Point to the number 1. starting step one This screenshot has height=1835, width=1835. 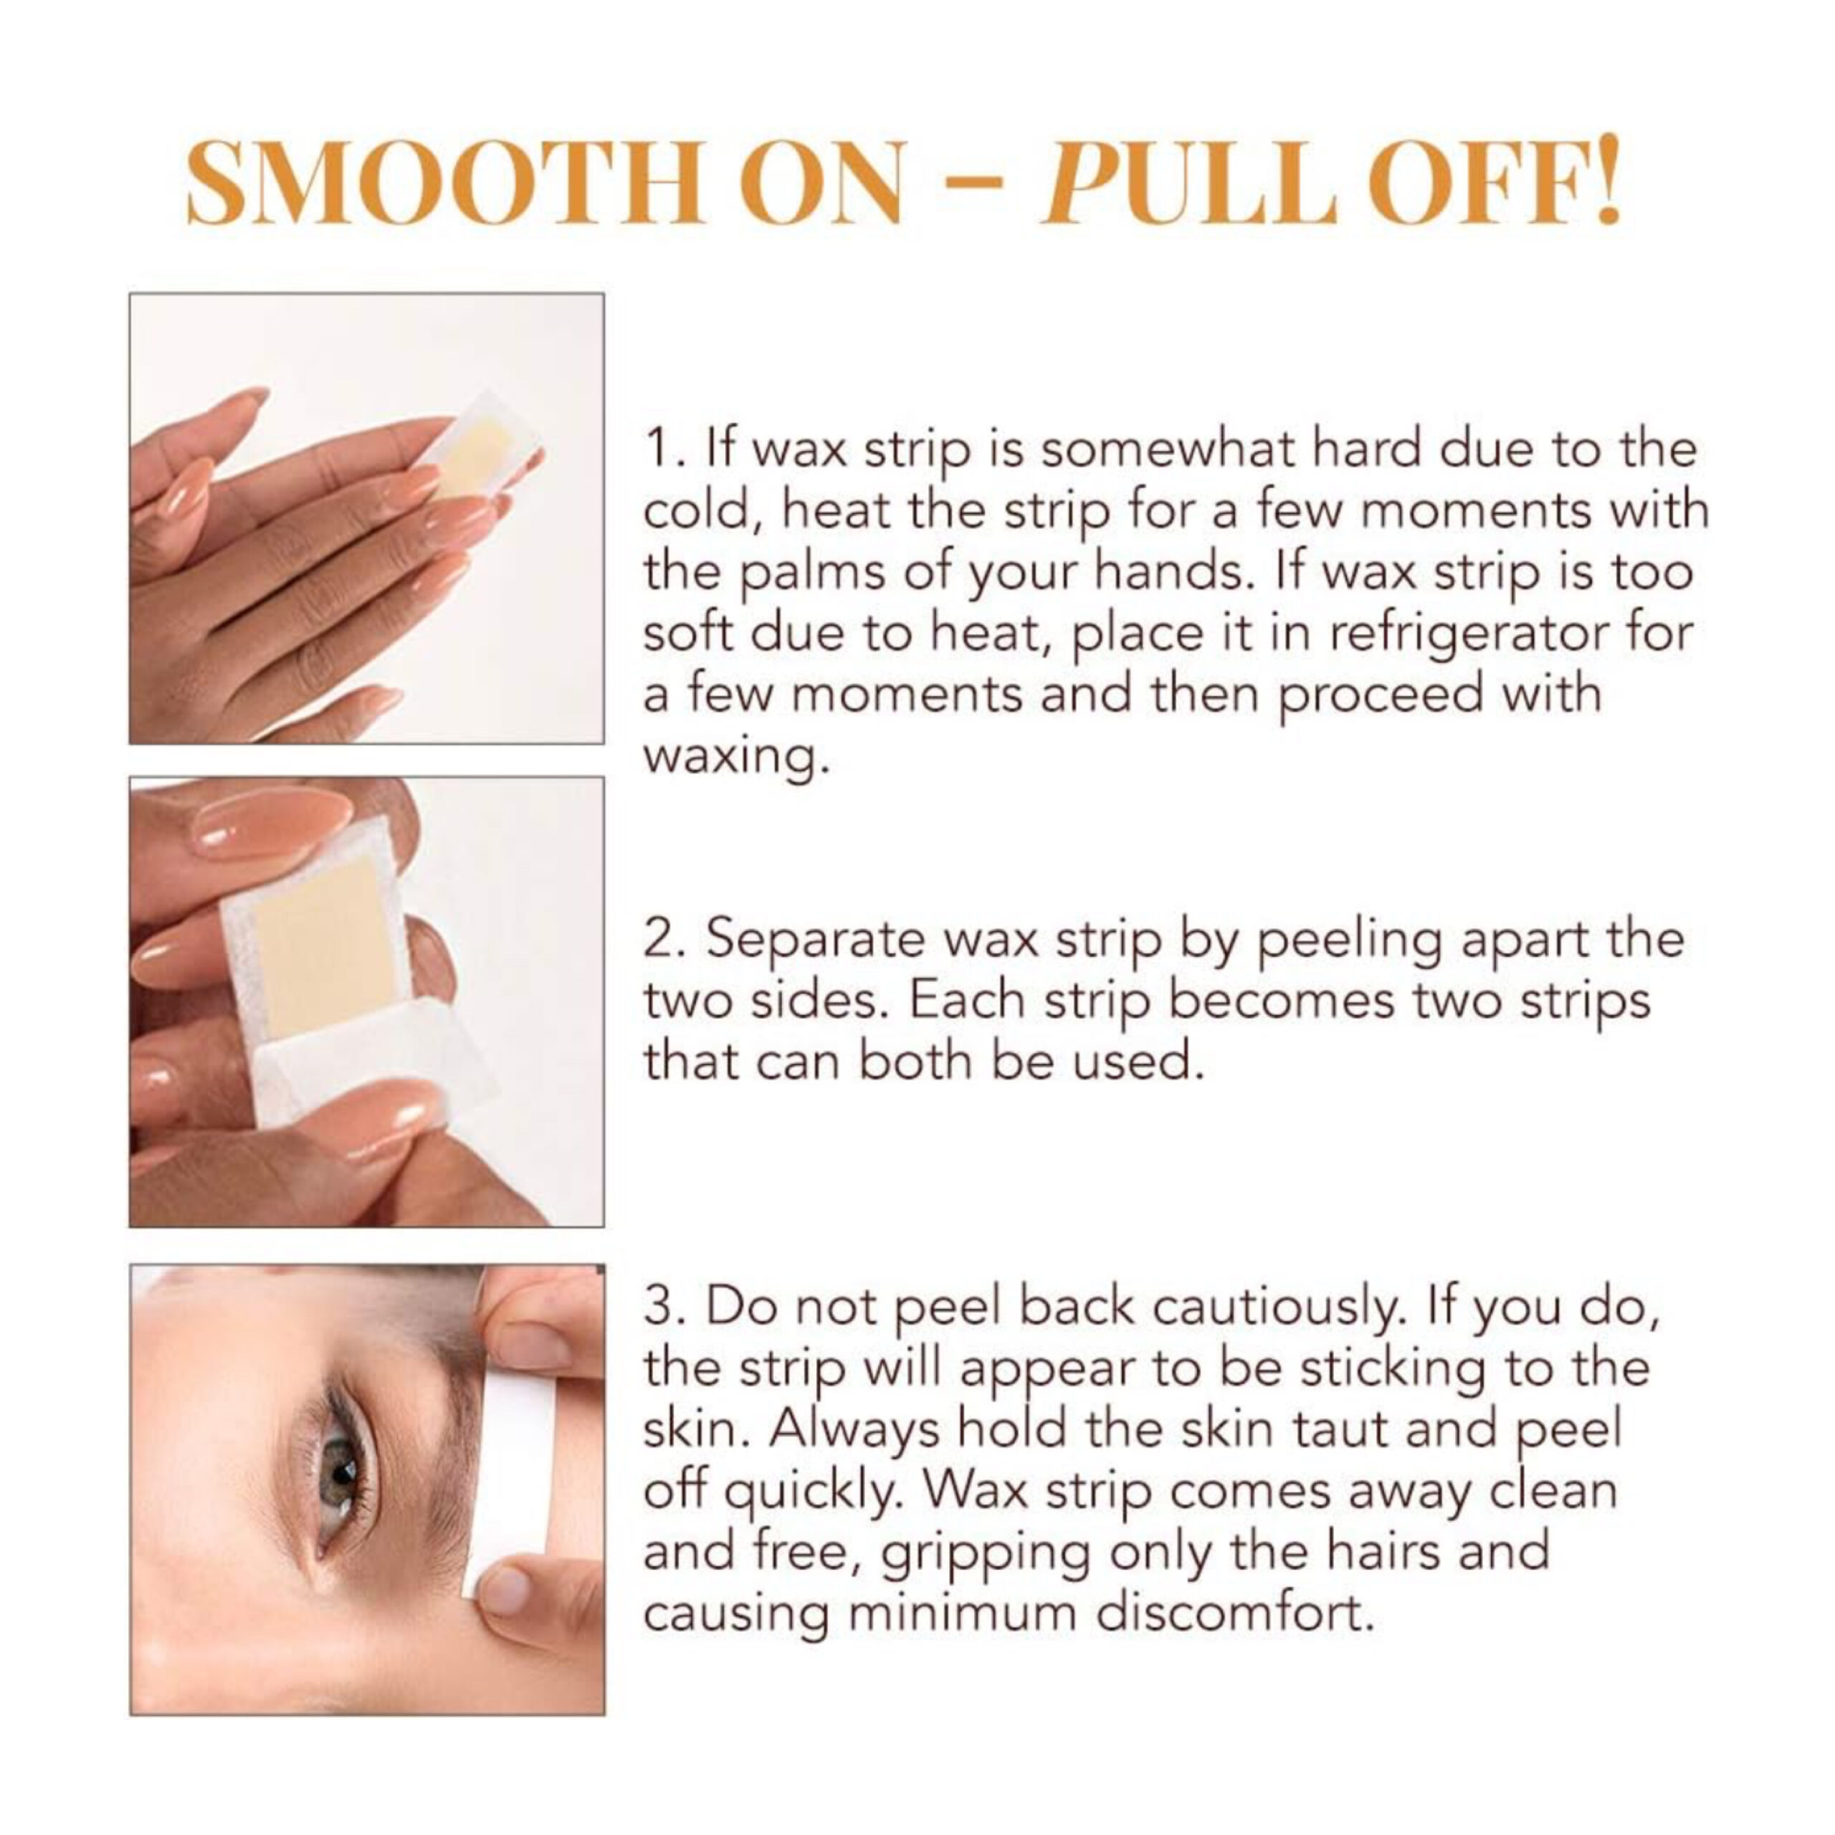click(x=666, y=448)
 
